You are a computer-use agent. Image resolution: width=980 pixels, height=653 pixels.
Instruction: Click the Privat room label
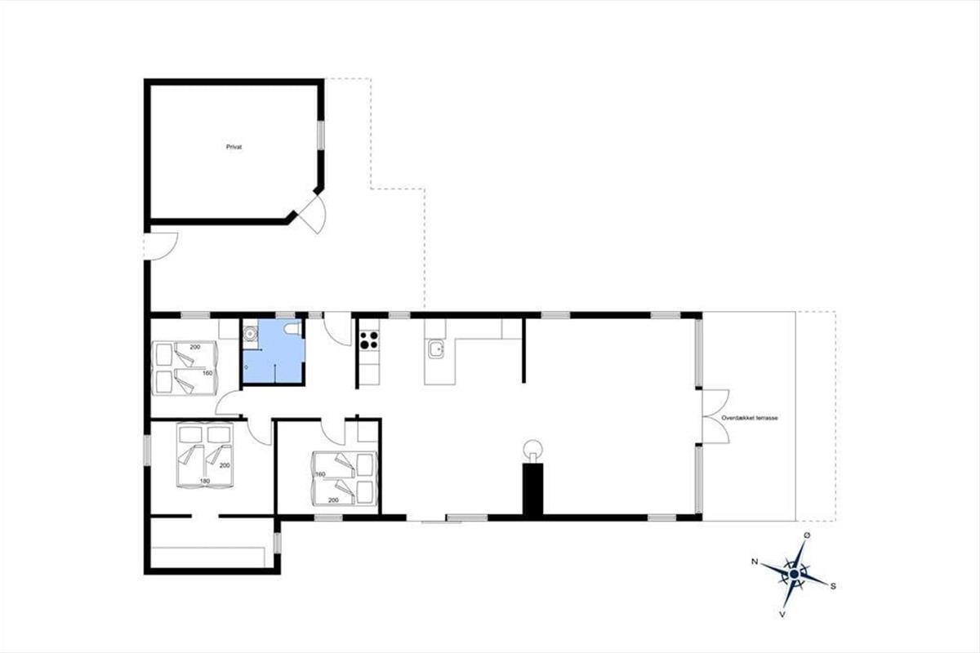[x=234, y=147]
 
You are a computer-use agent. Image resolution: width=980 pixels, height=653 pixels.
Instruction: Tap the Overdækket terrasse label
[x=750, y=418]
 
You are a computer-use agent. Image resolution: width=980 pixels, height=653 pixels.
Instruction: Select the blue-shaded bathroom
[x=274, y=352]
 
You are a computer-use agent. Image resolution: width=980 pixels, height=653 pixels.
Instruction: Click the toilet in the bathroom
[x=292, y=328]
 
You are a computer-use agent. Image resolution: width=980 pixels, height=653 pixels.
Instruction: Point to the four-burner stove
[x=369, y=340]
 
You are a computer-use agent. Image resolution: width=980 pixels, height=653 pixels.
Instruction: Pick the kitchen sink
[x=436, y=349]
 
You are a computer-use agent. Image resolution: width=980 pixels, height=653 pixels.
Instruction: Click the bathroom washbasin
[x=250, y=334]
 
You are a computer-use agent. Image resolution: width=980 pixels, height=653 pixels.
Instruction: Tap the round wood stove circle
[x=532, y=449]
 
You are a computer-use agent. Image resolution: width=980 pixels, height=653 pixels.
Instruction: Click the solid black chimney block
[x=532, y=489]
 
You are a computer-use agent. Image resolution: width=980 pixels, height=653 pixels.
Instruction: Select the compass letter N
[x=755, y=562]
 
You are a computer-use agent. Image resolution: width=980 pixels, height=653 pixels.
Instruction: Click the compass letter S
[x=833, y=586]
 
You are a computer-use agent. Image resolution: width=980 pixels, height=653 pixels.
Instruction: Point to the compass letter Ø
[x=807, y=535]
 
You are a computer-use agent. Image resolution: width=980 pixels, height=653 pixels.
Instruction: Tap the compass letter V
[x=782, y=615]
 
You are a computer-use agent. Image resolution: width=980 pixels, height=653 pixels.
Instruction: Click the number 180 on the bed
[x=205, y=481]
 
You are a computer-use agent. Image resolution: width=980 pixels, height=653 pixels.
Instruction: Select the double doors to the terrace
[x=715, y=416]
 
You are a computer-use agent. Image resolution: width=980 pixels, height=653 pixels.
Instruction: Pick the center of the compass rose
[x=794, y=573]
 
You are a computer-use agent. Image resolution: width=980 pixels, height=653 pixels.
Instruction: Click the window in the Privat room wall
[x=321, y=135]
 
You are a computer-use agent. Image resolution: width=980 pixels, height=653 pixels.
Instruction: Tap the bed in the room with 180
[x=205, y=455]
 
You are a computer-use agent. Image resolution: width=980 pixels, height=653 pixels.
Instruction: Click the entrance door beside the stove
[x=338, y=329]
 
